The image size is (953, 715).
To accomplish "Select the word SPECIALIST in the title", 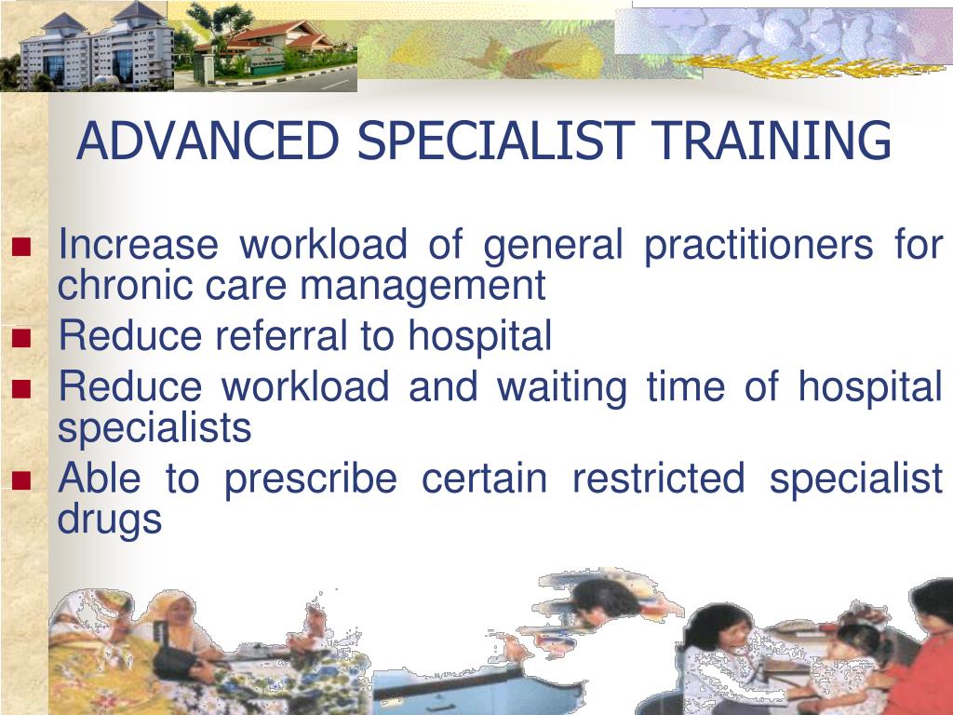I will pos(497,142).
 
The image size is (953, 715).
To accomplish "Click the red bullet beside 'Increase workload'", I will pos(21,249).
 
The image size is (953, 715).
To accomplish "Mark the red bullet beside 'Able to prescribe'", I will pos(21,481).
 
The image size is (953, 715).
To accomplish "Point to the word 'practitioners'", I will pos(758,248).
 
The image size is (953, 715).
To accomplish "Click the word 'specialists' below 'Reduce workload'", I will pos(154,428).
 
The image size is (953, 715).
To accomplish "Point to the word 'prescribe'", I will pos(310,480).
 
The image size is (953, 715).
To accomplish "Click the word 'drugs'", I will pos(110,519).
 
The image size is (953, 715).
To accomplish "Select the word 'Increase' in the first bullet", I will pos(138,247).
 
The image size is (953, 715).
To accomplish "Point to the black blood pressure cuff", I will pos(176,663).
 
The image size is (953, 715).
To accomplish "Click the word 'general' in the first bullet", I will pos(553,248).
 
